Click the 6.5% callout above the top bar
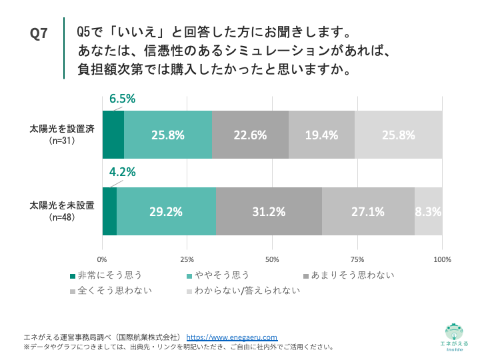tap(122, 99)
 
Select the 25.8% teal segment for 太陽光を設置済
tap(167, 135)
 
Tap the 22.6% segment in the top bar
tap(250, 135)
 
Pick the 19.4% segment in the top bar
tap(322, 135)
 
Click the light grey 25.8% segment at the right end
tap(399, 135)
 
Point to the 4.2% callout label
tap(122, 171)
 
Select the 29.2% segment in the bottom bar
tap(166, 212)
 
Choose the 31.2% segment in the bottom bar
tap(269, 212)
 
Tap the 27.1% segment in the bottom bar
tap(368, 212)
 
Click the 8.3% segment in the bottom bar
tap(429, 212)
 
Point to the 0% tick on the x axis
tap(103, 259)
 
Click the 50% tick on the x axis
tap(272, 259)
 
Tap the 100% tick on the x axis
tap(441, 259)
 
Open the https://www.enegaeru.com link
tap(231, 337)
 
